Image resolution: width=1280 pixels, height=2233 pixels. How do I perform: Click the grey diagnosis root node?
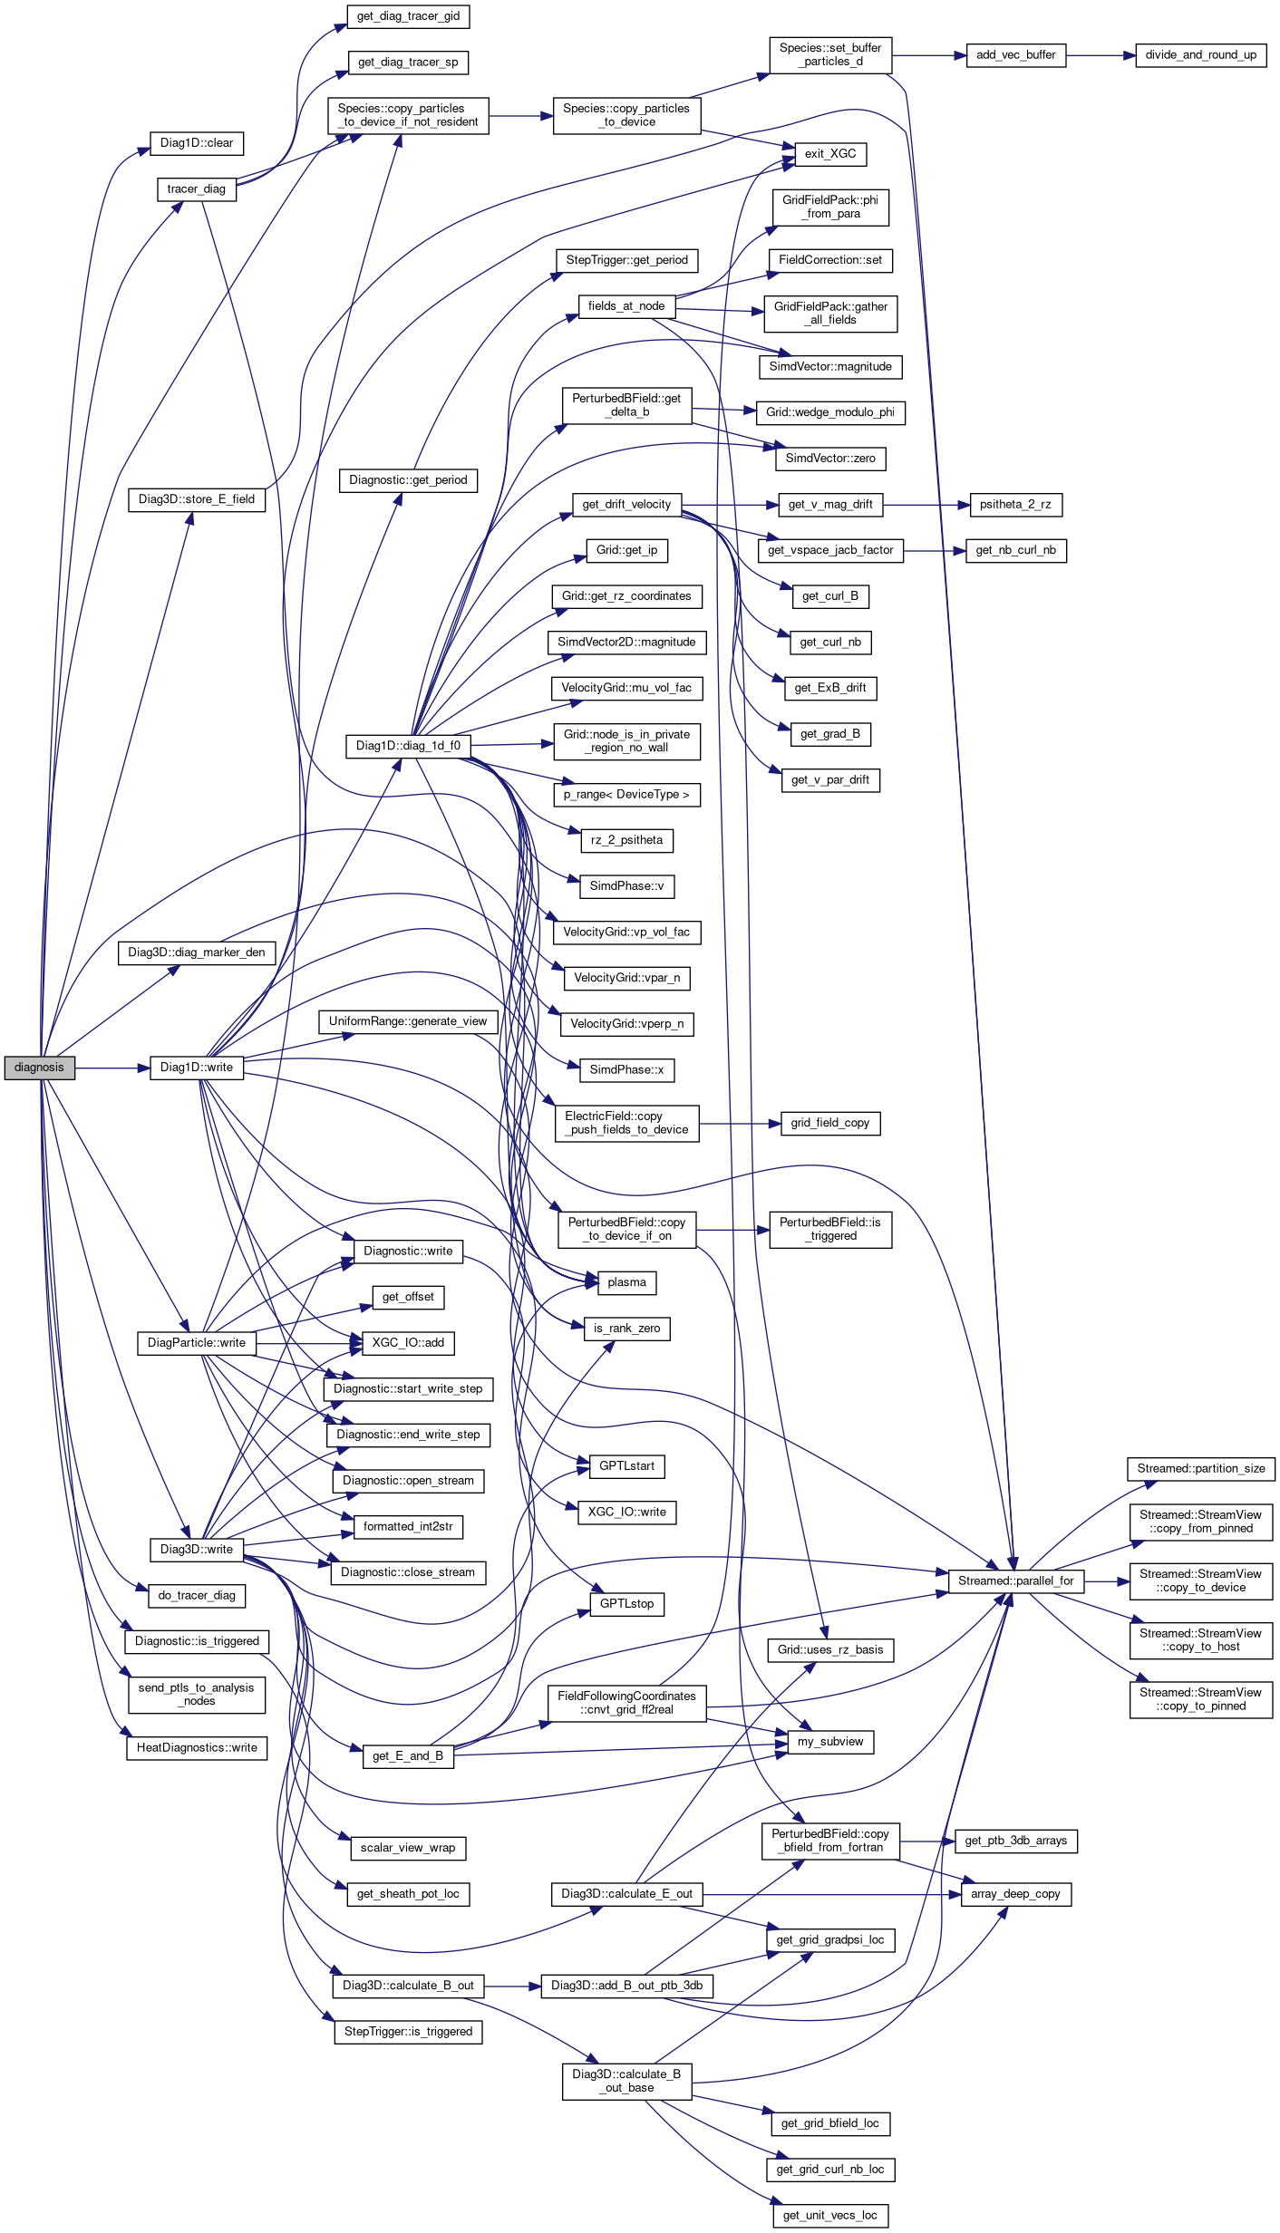click(x=39, y=1068)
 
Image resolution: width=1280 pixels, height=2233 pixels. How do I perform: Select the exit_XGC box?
click(x=829, y=154)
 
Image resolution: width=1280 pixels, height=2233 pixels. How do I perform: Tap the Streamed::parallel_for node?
click(x=1015, y=1580)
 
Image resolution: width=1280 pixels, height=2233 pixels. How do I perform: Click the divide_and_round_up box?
click(x=1200, y=55)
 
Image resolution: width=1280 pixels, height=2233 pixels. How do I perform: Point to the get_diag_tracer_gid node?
click(x=408, y=16)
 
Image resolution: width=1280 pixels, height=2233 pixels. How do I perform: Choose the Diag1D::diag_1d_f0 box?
click(x=408, y=746)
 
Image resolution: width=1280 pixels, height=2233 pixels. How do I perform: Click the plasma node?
click(x=626, y=1282)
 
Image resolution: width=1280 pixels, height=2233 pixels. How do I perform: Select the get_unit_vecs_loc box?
click(x=829, y=2215)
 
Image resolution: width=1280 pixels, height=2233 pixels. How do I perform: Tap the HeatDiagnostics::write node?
click(x=197, y=1747)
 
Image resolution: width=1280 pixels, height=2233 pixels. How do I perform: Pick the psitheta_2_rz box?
click(x=1015, y=505)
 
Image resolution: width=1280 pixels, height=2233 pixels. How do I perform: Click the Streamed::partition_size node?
click(x=1200, y=1468)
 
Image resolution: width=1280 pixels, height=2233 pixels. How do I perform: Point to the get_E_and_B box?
click(x=408, y=1755)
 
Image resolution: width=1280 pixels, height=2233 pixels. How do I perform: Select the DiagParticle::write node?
click(x=197, y=1342)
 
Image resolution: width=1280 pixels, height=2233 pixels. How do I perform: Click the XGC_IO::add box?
click(x=408, y=1342)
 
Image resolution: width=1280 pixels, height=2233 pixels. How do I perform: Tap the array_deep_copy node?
click(x=1015, y=1893)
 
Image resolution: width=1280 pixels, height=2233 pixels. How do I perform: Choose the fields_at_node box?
click(x=626, y=306)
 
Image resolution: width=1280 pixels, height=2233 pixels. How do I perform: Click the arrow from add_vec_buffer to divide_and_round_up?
click(x=1101, y=55)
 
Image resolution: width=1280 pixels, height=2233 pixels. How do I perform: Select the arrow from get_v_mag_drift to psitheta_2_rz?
click(x=926, y=505)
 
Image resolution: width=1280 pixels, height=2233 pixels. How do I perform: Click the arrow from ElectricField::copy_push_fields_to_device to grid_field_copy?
click(x=739, y=1124)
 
